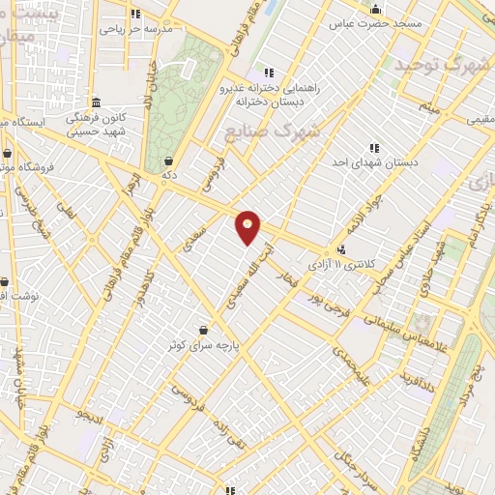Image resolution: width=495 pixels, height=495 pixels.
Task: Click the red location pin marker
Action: pos(248,226)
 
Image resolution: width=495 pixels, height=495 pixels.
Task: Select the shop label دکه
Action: pos(169,175)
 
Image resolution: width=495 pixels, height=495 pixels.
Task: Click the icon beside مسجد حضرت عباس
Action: pos(375,10)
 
